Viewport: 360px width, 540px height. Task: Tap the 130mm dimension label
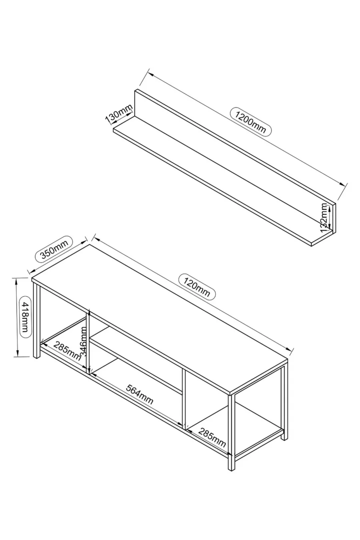[x=119, y=113]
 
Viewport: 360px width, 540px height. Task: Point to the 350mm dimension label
[x=54, y=249]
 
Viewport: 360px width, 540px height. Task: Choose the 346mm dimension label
[x=84, y=341]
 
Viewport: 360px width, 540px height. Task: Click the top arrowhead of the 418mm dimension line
[x=16, y=281]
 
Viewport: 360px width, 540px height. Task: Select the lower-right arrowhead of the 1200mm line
[x=342, y=184]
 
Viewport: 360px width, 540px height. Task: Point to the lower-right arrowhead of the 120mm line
[x=289, y=349]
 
